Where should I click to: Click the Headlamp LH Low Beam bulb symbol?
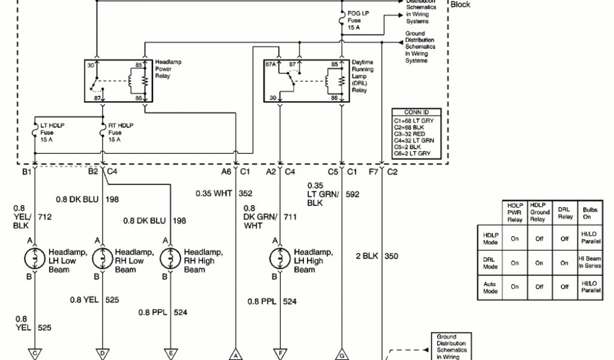point(35,258)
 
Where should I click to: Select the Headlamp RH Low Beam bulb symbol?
point(103,258)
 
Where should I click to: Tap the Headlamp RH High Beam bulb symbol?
point(171,258)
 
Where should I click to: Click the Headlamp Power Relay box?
point(119,80)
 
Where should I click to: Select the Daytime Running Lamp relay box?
point(303,80)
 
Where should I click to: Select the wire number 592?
point(353,194)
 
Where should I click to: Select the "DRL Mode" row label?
point(490,262)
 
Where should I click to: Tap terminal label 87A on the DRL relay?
point(270,64)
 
